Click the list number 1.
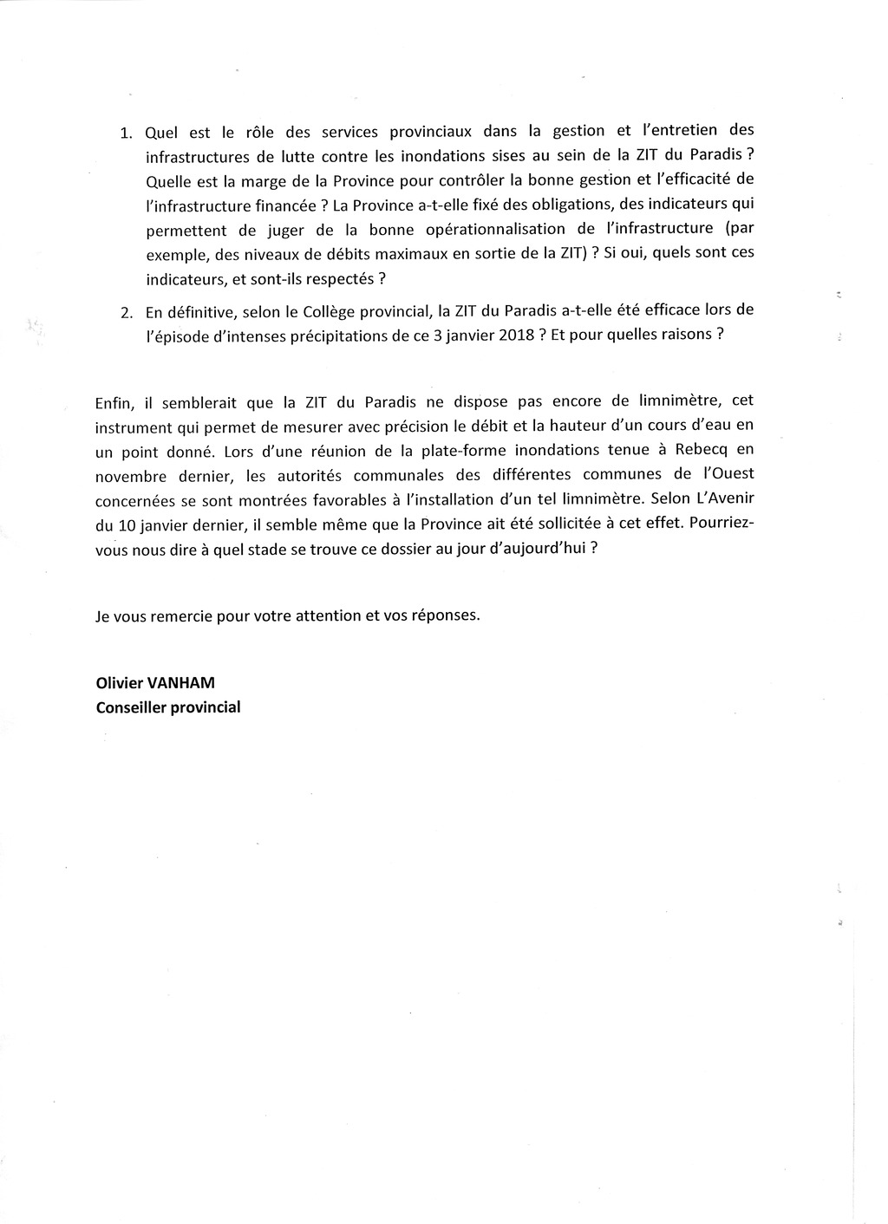125,134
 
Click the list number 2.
126,313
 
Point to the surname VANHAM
184,683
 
